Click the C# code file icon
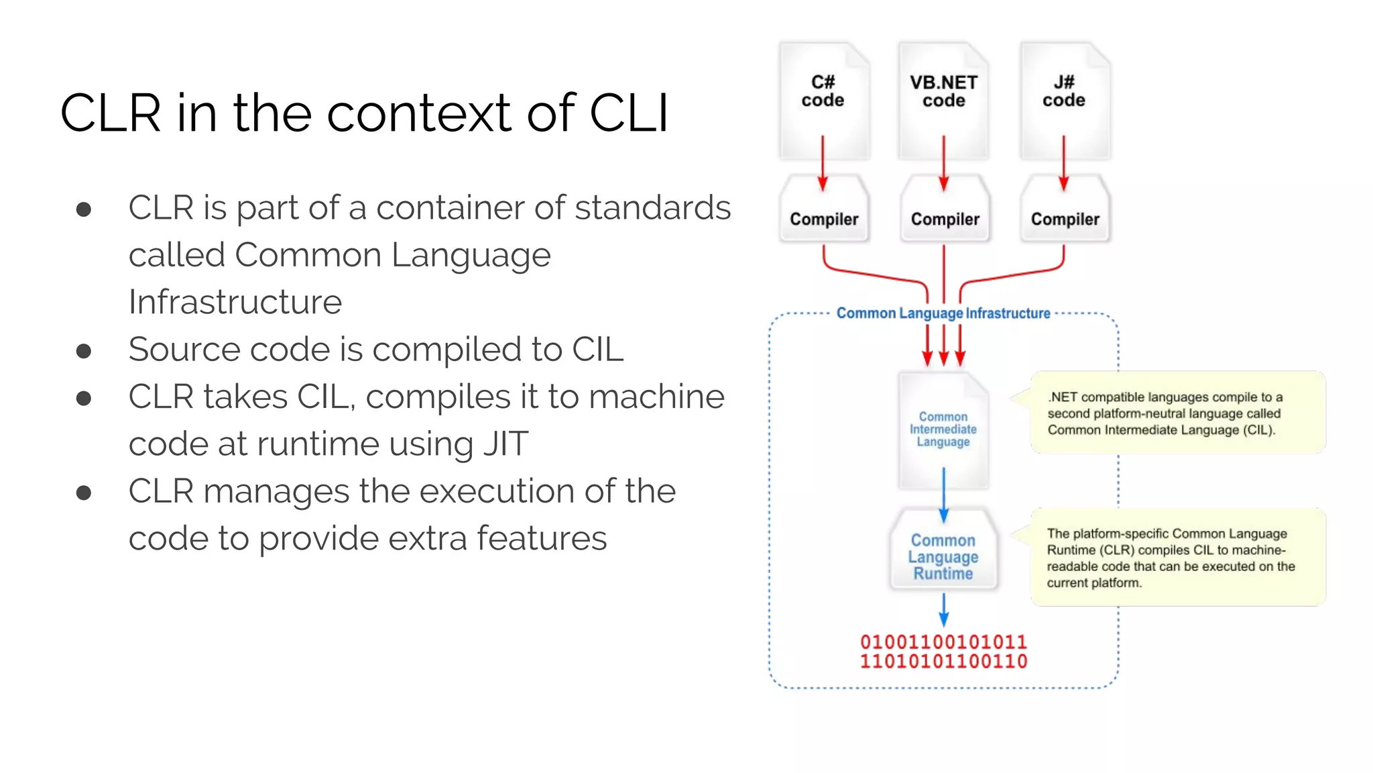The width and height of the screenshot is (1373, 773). tap(823, 101)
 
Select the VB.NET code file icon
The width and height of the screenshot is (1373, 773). tap(943, 101)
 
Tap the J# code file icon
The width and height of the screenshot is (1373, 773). tap(1064, 101)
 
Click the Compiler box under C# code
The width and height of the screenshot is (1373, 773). tap(824, 213)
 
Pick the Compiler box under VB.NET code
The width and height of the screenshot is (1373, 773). tap(945, 213)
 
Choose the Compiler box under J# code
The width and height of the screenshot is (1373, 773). tap(1065, 213)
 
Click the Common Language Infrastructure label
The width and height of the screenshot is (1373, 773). tap(943, 313)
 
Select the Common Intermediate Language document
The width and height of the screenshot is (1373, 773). tap(943, 429)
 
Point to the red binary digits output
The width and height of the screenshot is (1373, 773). tap(943, 652)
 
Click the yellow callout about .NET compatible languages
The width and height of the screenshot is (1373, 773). tap(1177, 413)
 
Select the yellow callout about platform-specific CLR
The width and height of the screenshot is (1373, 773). tap(1177, 557)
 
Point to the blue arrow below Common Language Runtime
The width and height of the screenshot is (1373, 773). tap(943, 609)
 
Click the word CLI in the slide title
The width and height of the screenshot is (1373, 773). tap(628, 113)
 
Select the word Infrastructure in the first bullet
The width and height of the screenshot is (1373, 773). tap(235, 302)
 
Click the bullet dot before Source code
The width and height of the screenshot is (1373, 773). tap(84, 351)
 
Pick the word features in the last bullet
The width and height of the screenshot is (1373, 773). tap(542, 539)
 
